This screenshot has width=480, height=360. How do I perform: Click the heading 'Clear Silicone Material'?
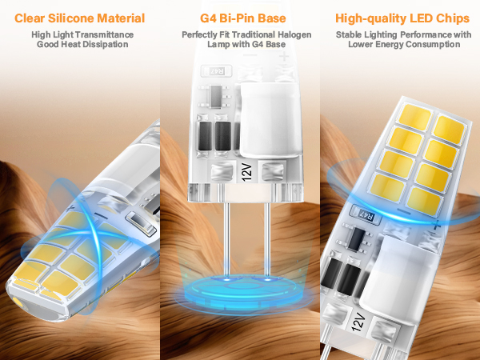pos(79,18)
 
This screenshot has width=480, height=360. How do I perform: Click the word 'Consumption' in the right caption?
pos(434,45)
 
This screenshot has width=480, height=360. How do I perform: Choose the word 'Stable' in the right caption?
pos(351,34)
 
